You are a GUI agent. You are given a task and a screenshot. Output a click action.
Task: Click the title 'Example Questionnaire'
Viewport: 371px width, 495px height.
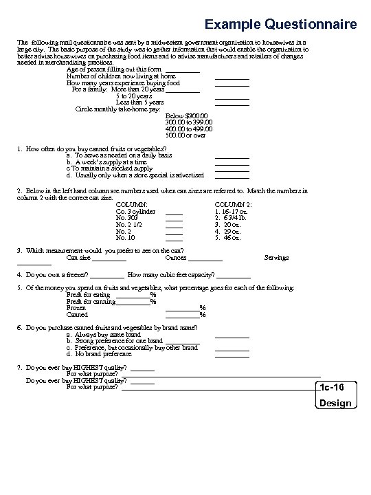coord(280,25)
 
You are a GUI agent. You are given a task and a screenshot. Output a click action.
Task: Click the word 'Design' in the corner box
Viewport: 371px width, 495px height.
coord(336,404)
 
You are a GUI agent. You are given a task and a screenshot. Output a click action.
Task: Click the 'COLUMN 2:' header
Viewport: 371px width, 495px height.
coord(234,205)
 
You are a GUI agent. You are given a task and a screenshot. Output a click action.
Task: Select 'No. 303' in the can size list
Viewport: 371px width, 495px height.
coord(128,218)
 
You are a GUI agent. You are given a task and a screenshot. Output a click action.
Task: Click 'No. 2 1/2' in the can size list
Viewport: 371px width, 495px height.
coord(131,225)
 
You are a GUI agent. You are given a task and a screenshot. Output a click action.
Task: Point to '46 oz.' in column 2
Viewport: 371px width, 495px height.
coord(227,238)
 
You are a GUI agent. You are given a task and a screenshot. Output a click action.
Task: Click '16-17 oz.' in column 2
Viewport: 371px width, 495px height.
coord(231,212)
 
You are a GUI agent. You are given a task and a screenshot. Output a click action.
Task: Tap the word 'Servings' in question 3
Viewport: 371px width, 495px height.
coord(276,258)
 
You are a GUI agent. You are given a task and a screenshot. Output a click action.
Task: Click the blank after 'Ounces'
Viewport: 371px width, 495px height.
coord(205,259)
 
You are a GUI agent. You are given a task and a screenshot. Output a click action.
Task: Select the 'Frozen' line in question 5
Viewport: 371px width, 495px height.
coord(76,308)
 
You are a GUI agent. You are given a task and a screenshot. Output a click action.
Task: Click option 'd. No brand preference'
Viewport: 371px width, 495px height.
coord(94,354)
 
